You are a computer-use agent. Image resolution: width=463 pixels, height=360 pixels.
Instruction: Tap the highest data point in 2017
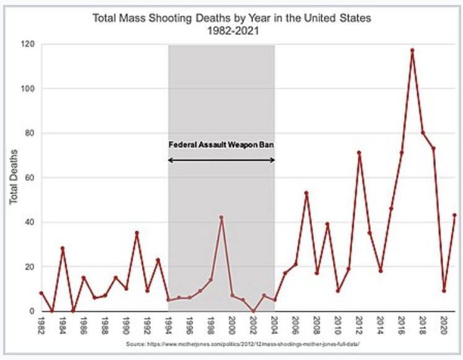pyautogui.click(x=412, y=50)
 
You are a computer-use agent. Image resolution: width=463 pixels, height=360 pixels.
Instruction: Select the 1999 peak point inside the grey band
pyautogui.click(x=221, y=218)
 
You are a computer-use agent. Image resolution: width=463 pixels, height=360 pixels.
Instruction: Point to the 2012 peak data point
pyautogui.click(x=358, y=152)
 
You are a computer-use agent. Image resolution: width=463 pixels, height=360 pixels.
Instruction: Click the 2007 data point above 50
pyautogui.click(x=306, y=193)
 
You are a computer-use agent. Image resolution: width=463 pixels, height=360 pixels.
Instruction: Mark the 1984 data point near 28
pyautogui.click(x=63, y=249)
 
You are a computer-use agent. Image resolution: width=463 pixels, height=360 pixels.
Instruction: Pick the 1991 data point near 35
pyautogui.click(x=137, y=233)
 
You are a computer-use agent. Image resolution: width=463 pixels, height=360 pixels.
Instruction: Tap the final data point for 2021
pyautogui.click(x=454, y=215)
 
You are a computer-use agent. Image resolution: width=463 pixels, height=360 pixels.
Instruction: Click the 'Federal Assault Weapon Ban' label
pyautogui.click(x=221, y=145)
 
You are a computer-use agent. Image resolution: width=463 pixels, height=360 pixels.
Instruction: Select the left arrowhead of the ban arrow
pyautogui.click(x=170, y=160)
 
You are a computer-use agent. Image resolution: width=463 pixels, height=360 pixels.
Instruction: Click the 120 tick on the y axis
pyautogui.click(x=28, y=44)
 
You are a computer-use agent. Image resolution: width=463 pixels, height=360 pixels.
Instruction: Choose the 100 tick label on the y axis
pyautogui.click(x=28, y=88)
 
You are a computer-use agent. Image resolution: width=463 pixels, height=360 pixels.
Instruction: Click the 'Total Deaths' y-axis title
pyautogui.click(x=13, y=178)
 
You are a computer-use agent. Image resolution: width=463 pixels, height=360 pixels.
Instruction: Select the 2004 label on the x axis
pyautogui.click(x=274, y=324)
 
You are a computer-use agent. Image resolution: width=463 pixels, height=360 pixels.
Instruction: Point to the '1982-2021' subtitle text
pyautogui.click(x=231, y=30)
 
